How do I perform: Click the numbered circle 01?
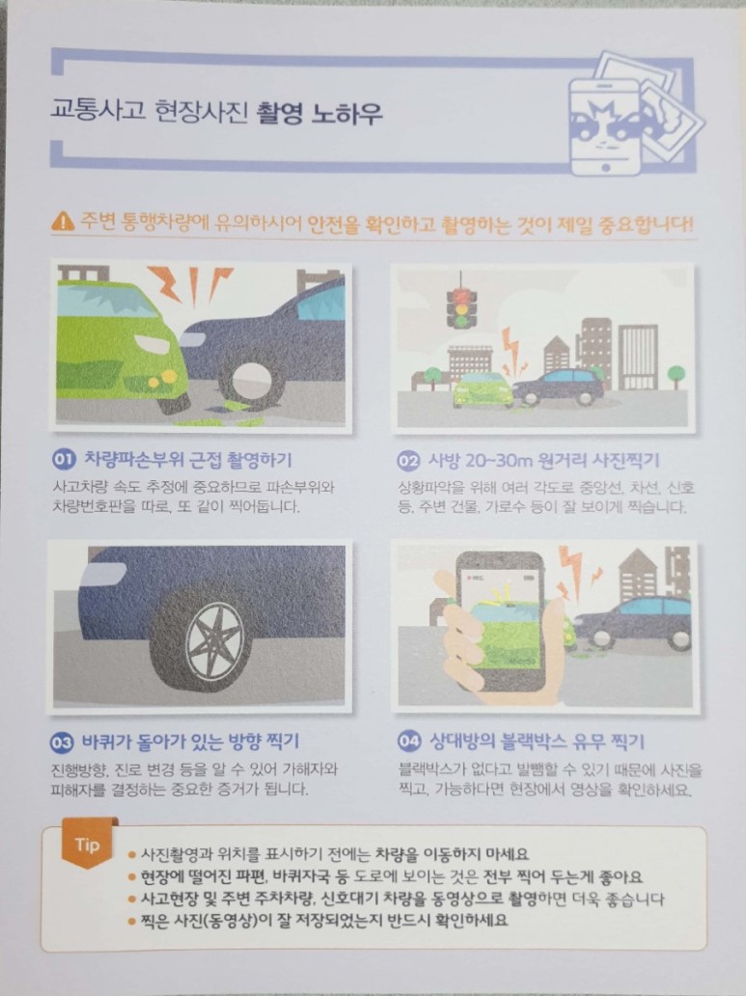(64, 459)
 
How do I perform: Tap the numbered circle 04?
(409, 740)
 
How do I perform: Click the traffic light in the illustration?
(460, 307)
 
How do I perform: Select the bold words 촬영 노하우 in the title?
(318, 114)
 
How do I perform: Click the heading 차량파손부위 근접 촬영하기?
(188, 459)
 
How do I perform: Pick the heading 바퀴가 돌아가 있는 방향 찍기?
(190, 741)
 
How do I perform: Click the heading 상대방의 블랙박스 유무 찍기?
(538, 740)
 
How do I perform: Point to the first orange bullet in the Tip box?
(131, 855)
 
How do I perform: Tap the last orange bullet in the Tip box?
(131, 921)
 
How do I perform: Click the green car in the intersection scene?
(483, 390)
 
